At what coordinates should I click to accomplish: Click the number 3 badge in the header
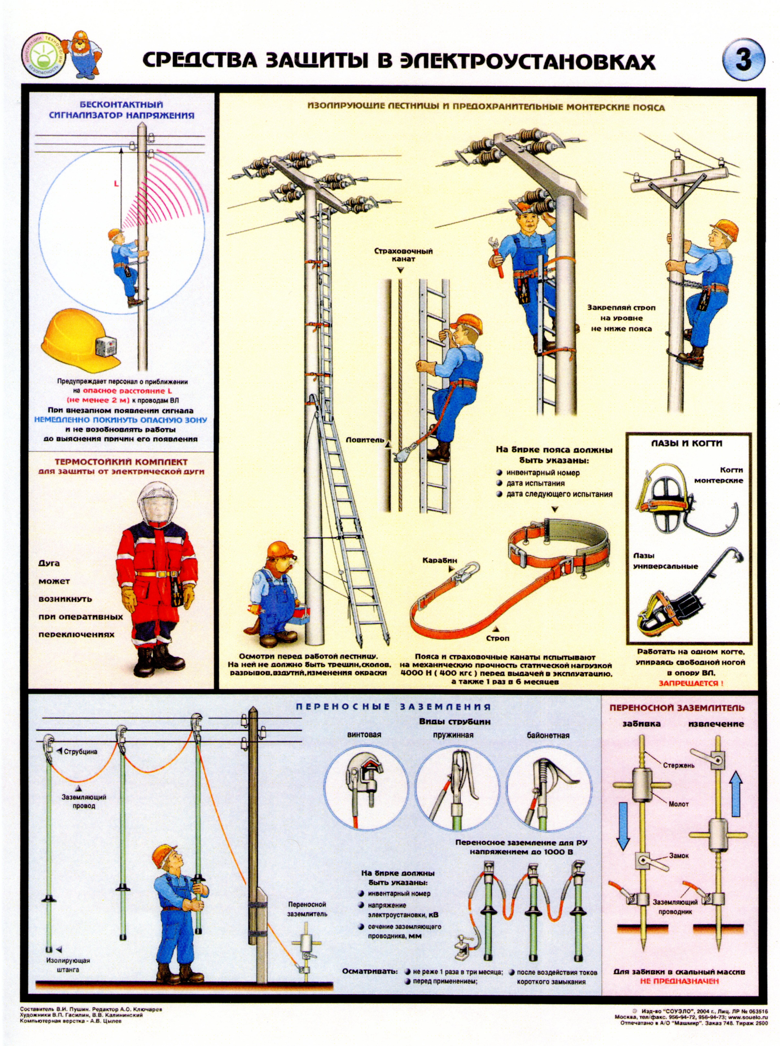tap(743, 60)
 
